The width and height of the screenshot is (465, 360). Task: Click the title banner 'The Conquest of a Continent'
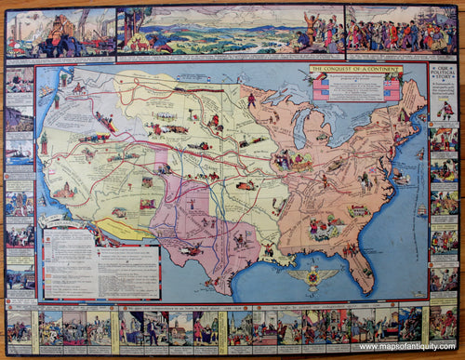pyautogui.click(x=355, y=70)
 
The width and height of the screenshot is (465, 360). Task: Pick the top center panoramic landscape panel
pyautogui.click(x=230, y=31)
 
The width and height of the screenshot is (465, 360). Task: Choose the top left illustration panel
pyautogui.click(x=60, y=32)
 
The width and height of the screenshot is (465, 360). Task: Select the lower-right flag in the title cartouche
pyautogui.click(x=392, y=93)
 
